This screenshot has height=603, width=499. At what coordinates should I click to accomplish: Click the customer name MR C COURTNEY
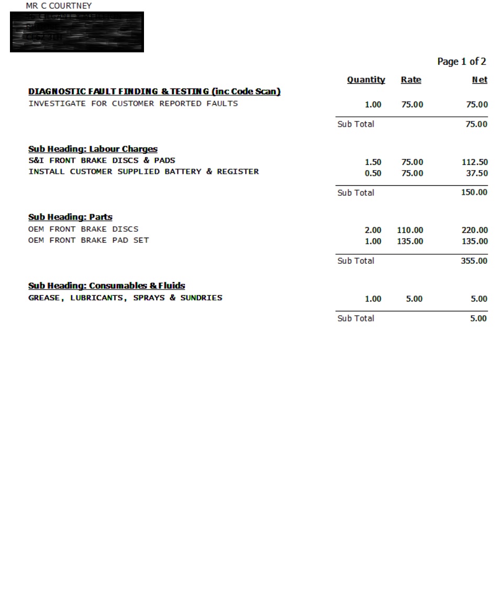pyautogui.click(x=59, y=6)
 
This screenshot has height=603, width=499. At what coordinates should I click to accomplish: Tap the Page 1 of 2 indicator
pyautogui.click(x=461, y=62)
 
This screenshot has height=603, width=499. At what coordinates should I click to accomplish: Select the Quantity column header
pyautogui.click(x=366, y=80)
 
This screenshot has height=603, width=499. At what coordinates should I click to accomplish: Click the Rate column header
pyautogui.click(x=411, y=80)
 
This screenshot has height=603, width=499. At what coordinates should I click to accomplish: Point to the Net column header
pyautogui.click(x=480, y=80)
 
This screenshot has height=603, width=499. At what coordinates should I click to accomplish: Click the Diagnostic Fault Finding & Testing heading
pyautogui.click(x=154, y=92)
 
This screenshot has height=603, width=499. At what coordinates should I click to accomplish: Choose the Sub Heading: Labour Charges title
pyautogui.click(x=93, y=149)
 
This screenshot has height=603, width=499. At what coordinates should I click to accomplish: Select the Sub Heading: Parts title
pyautogui.click(x=70, y=217)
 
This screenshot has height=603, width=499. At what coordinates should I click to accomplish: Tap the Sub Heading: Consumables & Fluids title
pyautogui.click(x=106, y=286)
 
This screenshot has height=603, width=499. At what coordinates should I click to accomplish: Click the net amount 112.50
pyautogui.click(x=474, y=162)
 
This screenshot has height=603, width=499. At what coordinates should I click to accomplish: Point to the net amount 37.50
pyautogui.click(x=477, y=173)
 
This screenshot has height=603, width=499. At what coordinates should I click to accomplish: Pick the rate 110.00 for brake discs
pyautogui.click(x=410, y=230)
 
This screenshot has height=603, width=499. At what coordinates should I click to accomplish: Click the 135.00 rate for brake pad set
pyautogui.click(x=410, y=241)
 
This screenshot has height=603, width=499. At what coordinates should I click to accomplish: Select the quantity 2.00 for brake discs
pyautogui.click(x=373, y=230)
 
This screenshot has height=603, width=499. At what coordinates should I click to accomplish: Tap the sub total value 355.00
pyautogui.click(x=474, y=261)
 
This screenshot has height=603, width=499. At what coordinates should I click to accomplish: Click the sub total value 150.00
pyautogui.click(x=474, y=193)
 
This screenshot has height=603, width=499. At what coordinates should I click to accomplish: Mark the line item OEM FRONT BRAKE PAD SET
pyautogui.click(x=88, y=240)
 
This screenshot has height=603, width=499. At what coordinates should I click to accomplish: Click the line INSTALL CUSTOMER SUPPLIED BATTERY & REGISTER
pyautogui.click(x=143, y=172)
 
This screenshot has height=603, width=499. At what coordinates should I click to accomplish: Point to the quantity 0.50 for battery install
pyautogui.click(x=373, y=173)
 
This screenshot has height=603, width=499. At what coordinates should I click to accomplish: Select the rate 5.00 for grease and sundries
pyautogui.click(x=414, y=299)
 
